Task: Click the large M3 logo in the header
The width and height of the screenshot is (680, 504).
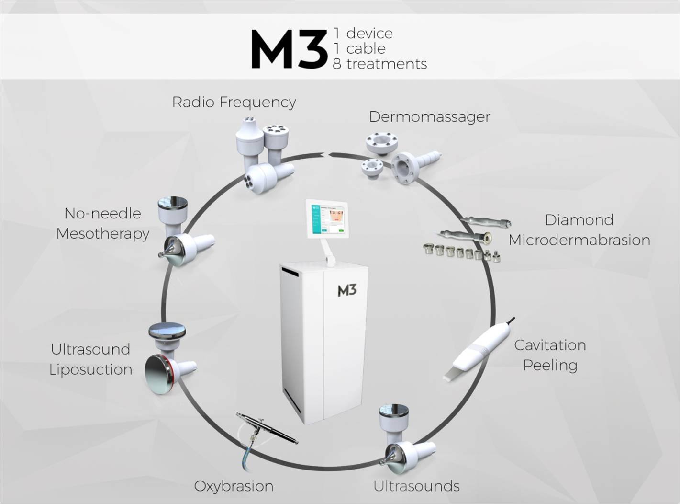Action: coord(289,49)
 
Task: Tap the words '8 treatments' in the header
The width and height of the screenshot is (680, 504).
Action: coord(379,64)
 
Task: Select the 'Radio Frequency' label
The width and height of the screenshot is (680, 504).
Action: coord(234,102)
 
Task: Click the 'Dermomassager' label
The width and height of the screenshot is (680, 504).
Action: coord(429,117)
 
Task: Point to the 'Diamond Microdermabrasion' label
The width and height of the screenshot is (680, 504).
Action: coord(579,230)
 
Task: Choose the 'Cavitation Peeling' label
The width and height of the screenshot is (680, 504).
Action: coord(550,355)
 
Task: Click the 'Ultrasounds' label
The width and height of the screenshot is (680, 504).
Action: coord(416,486)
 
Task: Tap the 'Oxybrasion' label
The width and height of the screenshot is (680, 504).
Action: coord(234,486)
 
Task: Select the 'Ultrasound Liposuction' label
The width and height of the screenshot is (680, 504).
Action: coord(91,359)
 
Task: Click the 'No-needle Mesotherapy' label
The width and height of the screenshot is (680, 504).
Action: coord(102,223)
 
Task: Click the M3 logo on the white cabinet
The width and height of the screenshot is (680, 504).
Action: coord(346,290)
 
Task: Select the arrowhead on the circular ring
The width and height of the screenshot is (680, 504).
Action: coord(325,154)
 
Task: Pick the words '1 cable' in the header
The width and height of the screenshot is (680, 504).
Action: coord(360,48)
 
